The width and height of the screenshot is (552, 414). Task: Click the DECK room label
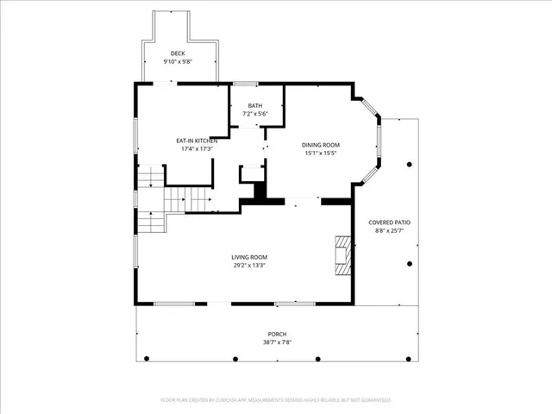177,53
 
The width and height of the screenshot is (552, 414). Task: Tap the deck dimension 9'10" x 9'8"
177,62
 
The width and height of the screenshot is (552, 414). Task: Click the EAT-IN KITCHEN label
196,141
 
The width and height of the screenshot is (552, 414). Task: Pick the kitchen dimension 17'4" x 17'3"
196,149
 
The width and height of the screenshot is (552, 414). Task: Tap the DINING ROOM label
320,145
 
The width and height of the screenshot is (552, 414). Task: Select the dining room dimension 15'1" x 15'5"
320,154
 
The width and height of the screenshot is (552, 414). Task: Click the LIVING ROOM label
248,257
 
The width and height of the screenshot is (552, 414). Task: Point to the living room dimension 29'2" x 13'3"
248,266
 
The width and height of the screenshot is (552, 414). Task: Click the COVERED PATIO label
390,223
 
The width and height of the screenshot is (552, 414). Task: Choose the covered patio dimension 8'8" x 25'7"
390,231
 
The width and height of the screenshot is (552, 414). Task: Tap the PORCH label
276,334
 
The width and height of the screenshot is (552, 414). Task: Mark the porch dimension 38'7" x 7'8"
276,342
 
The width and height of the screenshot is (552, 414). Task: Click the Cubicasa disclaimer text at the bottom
276,400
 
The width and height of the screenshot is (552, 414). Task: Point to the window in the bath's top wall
246,83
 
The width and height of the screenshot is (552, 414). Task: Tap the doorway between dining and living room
304,201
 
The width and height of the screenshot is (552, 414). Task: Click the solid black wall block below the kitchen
261,198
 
